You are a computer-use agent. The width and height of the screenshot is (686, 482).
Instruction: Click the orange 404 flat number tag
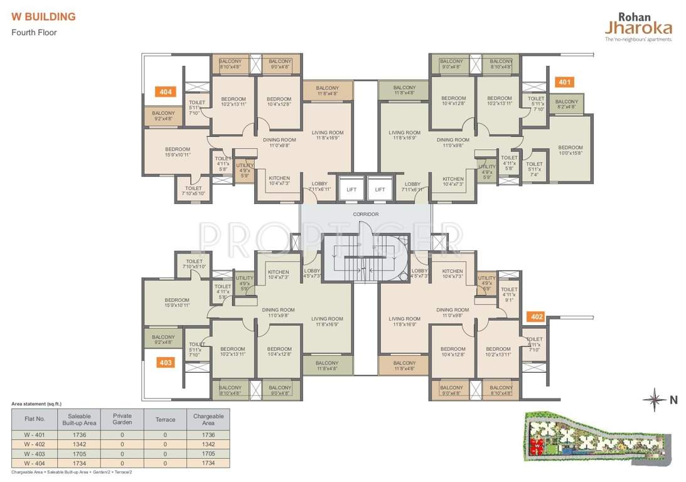click(165, 92)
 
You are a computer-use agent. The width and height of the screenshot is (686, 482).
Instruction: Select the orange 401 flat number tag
click(564, 82)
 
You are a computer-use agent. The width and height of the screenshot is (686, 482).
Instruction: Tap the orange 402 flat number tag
click(537, 317)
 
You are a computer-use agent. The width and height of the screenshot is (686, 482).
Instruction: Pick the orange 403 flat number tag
click(165, 362)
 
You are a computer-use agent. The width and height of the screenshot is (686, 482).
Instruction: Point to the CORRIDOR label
click(366, 214)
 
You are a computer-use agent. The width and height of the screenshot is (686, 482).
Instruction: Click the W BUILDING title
click(43, 17)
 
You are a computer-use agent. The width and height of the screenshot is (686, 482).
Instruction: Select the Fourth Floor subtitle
click(34, 32)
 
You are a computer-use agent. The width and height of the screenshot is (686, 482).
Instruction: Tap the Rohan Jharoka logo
click(638, 26)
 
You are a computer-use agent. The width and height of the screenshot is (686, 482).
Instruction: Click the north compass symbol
click(656, 399)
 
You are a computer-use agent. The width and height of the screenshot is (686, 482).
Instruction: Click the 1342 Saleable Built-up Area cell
click(80, 444)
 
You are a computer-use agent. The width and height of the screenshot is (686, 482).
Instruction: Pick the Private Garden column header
click(122, 419)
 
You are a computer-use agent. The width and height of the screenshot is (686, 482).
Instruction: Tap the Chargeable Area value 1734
click(208, 463)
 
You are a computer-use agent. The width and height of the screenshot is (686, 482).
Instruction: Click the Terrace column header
click(165, 419)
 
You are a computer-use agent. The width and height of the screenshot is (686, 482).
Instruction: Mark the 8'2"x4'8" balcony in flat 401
click(567, 104)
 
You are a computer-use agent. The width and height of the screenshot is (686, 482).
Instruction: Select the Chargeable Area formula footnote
click(72, 471)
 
